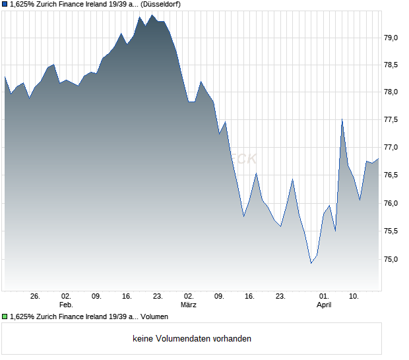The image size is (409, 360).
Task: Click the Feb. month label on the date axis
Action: click(x=65, y=305)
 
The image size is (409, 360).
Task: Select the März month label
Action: click(x=189, y=305)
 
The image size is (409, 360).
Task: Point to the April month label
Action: click(x=324, y=305)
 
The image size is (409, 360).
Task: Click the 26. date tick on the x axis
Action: click(x=36, y=297)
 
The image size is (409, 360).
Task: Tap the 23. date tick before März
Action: click(x=158, y=297)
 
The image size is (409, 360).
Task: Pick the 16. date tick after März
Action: click(x=250, y=297)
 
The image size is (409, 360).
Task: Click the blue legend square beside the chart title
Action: click(x=5, y=4)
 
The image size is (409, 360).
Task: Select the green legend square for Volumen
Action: click(x=5, y=317)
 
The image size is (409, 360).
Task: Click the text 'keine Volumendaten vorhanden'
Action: click(x=192, y=339)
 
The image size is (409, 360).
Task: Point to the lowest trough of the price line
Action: click(x=311, y=263)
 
